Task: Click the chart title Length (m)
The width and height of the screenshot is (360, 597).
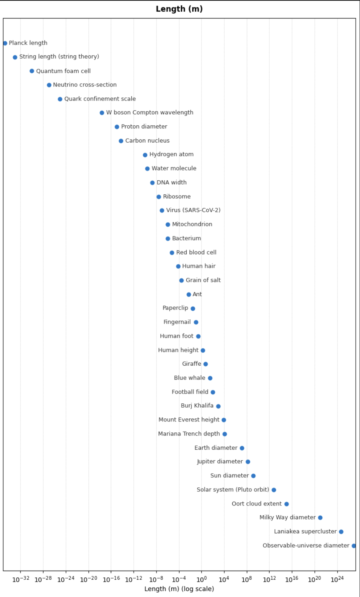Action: point(179,9)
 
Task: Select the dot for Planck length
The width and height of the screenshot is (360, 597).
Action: point(5,43)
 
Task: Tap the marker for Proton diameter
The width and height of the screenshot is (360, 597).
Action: point(117,127)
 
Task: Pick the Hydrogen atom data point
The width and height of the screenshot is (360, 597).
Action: point(145,155)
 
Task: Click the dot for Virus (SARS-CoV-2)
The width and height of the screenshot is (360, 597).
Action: point(162,211)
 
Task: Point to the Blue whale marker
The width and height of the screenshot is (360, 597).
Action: point(210,378)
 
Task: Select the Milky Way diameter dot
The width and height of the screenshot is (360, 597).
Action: point(320,518)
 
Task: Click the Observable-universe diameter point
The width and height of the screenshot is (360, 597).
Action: point(354,546)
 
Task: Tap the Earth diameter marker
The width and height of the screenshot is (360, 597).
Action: point(242,448)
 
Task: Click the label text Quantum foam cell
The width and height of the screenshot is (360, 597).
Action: point(63,71)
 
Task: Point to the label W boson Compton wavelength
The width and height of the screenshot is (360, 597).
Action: point(150,113)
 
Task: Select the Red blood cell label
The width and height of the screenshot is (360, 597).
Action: point(196,253)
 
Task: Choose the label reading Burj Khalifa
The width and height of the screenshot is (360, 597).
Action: point(197,406)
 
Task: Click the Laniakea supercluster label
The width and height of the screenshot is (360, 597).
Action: point(305,532)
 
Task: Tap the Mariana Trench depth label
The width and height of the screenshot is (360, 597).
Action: point(189,434)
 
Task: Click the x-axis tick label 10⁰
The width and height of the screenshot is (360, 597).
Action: point(202,579)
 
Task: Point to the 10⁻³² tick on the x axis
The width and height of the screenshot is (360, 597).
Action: point(21,579)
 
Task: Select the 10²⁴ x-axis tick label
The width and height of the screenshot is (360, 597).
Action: point(337,579)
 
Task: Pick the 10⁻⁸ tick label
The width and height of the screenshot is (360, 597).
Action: point(156,579)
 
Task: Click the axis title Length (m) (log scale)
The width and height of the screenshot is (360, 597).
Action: point(179,589)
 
